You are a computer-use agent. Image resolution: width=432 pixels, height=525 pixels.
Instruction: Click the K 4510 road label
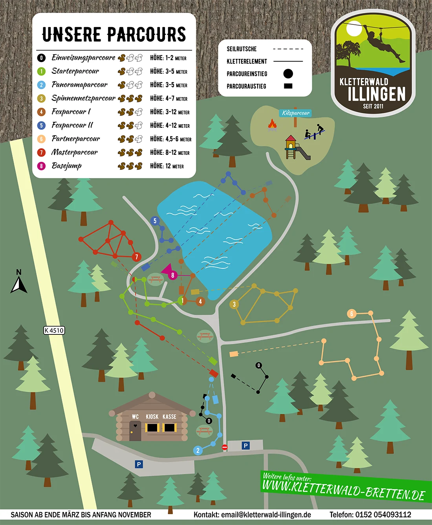(x=54, y=330)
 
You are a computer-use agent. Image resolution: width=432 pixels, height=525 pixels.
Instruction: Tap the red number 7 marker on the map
(x=137, y=257)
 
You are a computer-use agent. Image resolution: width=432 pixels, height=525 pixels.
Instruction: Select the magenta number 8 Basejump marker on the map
(x=172, y=275)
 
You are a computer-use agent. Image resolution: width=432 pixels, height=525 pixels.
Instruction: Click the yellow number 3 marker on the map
(x=234, y=304)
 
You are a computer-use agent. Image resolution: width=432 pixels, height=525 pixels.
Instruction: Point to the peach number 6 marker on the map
(x=351, y=314)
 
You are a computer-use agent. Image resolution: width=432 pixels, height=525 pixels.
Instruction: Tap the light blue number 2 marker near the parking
(x=198, y=450)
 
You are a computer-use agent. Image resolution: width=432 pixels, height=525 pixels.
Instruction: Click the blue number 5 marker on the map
(x=155, y=221)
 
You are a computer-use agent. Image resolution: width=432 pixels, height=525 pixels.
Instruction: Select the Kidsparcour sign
(x=296, y=113)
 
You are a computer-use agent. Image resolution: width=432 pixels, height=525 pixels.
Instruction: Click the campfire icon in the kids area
(x=272, y=125)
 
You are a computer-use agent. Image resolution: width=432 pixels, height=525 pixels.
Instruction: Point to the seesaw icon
(x=315, y=132)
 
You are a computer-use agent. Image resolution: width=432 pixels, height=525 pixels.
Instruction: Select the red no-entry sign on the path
(x=225, y=447)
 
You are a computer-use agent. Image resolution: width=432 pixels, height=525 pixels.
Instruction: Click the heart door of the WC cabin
(x=135, y=431)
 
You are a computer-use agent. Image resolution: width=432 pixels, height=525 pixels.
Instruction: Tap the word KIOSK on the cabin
(x=152, y=417)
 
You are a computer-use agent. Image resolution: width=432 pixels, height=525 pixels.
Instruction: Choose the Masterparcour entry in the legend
(x=75, y=152)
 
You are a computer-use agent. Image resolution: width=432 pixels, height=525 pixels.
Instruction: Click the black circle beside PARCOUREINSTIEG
(x=288, y=73)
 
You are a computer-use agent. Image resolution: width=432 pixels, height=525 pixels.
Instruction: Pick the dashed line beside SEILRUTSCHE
(x=288, y=49)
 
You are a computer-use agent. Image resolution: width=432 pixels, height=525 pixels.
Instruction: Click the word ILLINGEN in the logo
(x=376, y=94)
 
